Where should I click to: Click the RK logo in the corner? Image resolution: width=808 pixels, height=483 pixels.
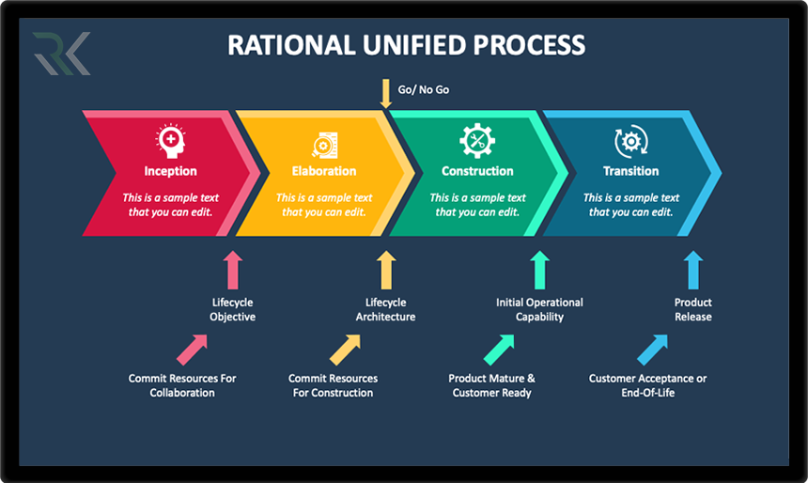click(x=62, y=53)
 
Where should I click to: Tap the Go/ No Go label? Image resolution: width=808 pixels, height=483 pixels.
click(x=424, y=91)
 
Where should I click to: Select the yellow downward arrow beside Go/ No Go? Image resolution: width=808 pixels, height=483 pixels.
click(x=385, y=93)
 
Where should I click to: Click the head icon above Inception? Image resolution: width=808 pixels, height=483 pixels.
click(x=170, y=142)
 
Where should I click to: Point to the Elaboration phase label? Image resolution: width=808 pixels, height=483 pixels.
click(x=324, y=171)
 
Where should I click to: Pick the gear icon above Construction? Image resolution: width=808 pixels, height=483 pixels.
click(x=477, y=142)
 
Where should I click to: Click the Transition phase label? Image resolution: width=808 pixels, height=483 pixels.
click(x=630, y=171)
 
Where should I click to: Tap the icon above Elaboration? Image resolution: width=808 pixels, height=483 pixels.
click(x=324, y=144)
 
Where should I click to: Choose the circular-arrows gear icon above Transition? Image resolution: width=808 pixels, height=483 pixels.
click(x=630, y=142)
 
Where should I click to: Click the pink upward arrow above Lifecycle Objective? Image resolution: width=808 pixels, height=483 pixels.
click(x=233, y=269)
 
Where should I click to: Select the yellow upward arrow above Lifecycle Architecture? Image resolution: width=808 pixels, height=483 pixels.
click(x=385, y=269)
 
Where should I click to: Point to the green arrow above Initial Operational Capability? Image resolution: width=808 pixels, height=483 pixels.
click(x=539, y=269)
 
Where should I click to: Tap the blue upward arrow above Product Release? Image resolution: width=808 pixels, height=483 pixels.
click(x=692, y=269)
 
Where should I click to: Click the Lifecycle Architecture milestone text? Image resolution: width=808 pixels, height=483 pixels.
click(x=385, y=310)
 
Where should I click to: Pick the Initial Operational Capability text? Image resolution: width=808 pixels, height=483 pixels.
click(x=539, y=310)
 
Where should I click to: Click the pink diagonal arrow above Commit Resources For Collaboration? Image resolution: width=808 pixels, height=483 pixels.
click(x=192, y=350)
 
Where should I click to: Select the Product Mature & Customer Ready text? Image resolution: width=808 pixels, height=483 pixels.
click(x=491, y=385)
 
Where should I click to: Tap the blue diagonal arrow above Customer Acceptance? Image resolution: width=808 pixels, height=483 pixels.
click(x=652, y=350)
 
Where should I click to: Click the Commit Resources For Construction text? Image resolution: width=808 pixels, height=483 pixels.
click(x=333, y=385)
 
